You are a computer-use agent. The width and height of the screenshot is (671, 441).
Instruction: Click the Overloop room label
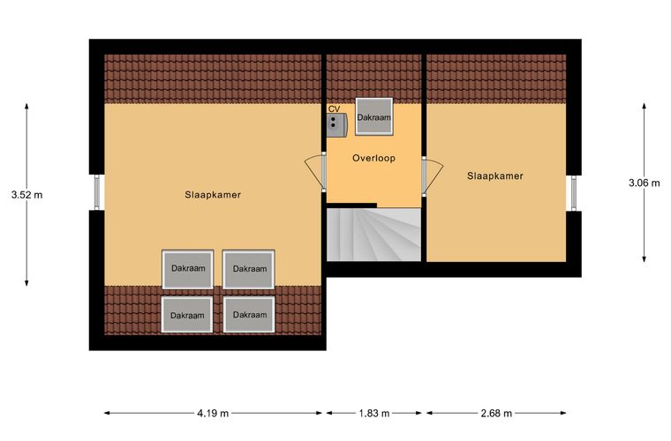click(373, 158)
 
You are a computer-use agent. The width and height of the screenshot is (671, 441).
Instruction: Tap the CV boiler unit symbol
click(336, 124)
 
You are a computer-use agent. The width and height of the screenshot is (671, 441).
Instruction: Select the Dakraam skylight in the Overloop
click(374, 116)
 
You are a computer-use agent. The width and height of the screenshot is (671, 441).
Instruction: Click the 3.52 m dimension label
click(27, 195)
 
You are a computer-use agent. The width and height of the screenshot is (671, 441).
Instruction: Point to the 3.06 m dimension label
click(644, 183)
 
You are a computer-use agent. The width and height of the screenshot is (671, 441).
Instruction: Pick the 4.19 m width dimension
click(213, 414)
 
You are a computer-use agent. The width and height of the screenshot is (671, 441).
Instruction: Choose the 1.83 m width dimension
click(373, 414)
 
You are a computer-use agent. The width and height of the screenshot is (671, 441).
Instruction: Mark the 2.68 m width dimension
click(496, 414)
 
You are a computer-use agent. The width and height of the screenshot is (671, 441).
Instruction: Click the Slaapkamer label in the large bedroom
click(213, 195)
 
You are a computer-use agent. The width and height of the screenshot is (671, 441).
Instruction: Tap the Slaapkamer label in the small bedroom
click(495, 176)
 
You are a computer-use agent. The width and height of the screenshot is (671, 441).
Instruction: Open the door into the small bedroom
click(432, 176)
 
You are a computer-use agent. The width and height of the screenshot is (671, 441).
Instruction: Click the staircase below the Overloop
click(373, 235)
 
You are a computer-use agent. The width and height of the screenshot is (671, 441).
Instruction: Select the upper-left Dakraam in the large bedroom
click(188, 269)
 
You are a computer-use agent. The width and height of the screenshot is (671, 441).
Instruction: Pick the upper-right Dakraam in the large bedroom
click(249, 269)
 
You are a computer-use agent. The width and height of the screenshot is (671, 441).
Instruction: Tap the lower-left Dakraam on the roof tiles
click(187, 315)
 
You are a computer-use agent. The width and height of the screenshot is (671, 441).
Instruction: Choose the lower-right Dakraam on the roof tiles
click(249, 315)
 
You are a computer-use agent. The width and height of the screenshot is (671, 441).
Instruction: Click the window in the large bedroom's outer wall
click(97, 192)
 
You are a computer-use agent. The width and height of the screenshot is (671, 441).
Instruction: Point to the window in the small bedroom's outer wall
click(574, 193)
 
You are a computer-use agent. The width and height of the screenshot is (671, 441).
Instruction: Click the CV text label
click(334, 109)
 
